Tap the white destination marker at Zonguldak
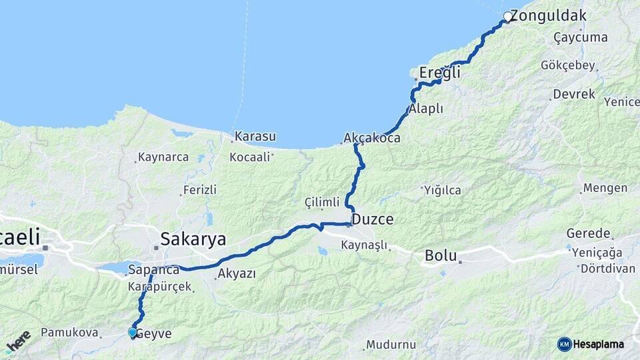pyautogui.click(x=508, y=16)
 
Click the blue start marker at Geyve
pyautogui.click(x=133, y=332)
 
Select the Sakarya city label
pyautogui.click(x=193, y=239)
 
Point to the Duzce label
pyautogui.click(x=372, y=219)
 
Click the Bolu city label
pyautogui.click(x=440, y=255)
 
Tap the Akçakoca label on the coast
pyautogui.click(x=372, y=139)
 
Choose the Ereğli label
pyautogui.click(x=439, y=73)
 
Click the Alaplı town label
pyautogui.click(x=427, y=109)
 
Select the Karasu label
pyautogui.click(x=255, y=137)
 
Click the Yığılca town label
pyautogui.click(x=442, y=190)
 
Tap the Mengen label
pyautogui.click(x=605, y=188)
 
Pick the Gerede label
pyautogui.click(x=589, y=233)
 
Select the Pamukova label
pyautogui.click(x=69, y=332)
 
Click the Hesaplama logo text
pyautogui.click(x=598, y=344)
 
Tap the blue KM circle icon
pyautogui.click(x=565, y=344)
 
